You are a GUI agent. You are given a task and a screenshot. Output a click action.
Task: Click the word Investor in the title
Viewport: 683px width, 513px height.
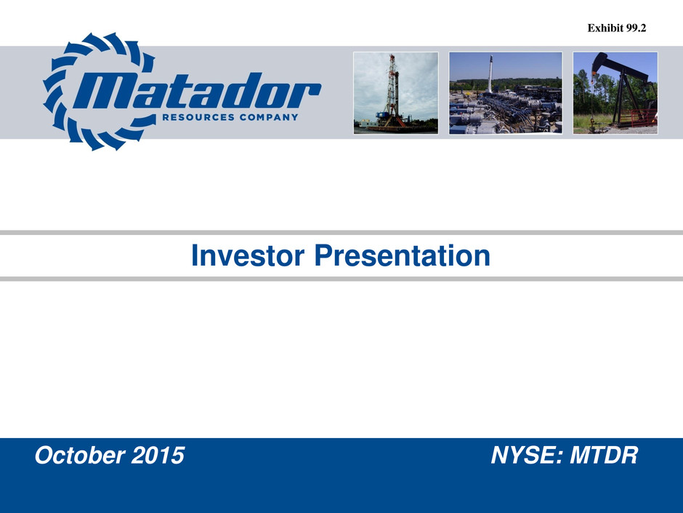248,255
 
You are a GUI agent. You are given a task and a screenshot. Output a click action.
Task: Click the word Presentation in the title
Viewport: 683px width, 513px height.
402,255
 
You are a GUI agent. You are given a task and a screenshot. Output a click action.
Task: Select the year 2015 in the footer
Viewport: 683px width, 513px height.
158,455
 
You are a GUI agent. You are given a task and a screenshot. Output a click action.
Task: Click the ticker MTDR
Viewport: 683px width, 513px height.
604,455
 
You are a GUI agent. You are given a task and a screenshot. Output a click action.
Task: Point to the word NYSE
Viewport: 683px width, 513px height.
527,455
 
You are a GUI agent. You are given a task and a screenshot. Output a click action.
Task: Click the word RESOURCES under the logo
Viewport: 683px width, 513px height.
198,117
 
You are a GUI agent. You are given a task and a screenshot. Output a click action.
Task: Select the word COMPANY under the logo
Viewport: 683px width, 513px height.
269,117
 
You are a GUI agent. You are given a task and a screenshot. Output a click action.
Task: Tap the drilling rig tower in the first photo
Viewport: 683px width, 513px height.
393,91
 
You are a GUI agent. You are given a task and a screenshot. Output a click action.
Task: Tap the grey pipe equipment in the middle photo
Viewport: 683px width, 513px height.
505,111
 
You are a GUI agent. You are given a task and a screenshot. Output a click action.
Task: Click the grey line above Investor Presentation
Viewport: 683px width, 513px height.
341,233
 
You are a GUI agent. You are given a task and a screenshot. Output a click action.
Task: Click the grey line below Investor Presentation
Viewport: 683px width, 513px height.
341,279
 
